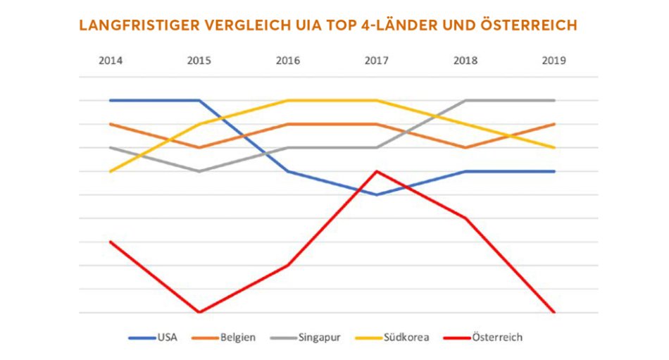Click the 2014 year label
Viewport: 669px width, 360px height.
[x=111, y=61]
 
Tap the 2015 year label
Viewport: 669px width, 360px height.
[x=199, y=61]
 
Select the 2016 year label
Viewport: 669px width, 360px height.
[x=288, y=61]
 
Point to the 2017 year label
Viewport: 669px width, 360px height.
[x=377, y=61]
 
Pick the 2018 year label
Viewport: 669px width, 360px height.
[x=465, y=61]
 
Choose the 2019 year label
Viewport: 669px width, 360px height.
[x=554, y=61]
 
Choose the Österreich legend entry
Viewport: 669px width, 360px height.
[x=497, y=337]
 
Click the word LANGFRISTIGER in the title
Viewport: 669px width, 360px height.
[x=139, y=25]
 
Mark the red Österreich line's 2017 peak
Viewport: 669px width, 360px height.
[x=377, y=171]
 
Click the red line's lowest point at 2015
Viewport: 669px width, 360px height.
[x=199, y=312]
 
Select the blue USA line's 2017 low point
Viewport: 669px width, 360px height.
[x=377, y=194]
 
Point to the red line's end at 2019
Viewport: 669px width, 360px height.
[x=554, y=312]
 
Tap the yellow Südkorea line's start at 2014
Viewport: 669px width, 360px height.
[x=111, y=171]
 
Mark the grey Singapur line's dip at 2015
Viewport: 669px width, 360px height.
[x=199, y=171]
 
